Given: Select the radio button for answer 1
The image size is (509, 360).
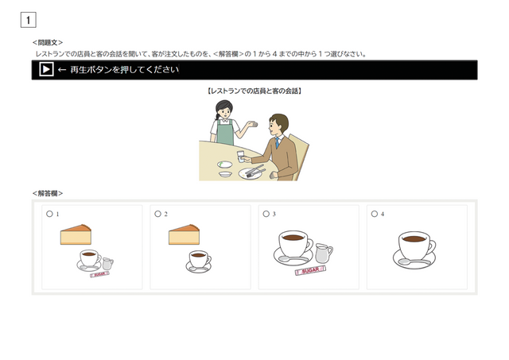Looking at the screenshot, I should click(x=49, y=214).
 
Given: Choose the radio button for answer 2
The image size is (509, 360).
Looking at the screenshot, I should click(x=157, y=214).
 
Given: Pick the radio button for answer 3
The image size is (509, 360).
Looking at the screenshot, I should click(x=266, y=214).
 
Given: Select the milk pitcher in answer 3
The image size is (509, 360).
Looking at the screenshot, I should click(x=323, y=253).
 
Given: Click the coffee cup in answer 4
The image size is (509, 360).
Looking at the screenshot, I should click(x=414, y=248).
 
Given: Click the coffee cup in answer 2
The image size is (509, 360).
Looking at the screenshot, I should click(x=200, y=261).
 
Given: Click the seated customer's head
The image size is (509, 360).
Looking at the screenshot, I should click(x=278, y=124).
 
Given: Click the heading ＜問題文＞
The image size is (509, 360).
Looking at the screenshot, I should click(x=48, y=42).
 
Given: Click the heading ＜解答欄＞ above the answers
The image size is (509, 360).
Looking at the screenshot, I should click(x=48, y=193).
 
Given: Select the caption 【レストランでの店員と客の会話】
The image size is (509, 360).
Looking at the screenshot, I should click(x=254, y=91).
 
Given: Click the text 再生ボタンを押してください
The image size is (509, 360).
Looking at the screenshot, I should click(x=124, y=70).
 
